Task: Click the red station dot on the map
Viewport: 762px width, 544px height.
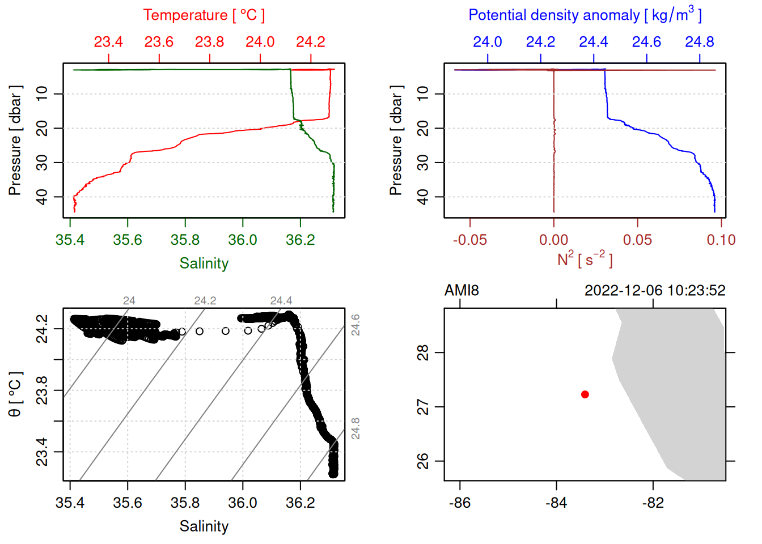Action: pos(585,394)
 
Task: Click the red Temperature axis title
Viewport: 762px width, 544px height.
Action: pos(204,15)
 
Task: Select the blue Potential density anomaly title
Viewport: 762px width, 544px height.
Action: pos(585,15)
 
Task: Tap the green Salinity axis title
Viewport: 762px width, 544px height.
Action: pos(204,263)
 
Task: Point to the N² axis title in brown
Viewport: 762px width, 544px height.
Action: pos(585,260)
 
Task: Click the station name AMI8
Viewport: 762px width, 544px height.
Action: pos(462,291)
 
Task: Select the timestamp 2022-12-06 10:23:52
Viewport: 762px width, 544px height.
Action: pos(655,291)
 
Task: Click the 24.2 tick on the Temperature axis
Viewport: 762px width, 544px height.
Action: pos(311,42)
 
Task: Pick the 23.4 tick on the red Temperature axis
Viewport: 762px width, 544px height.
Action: pos(108,42)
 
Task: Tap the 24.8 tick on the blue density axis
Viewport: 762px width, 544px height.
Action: pos(699,42)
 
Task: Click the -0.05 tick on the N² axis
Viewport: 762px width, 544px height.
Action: pos(469,240)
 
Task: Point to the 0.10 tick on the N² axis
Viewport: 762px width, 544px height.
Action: pos(721,240)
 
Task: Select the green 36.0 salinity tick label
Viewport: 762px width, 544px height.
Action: pos(243,240)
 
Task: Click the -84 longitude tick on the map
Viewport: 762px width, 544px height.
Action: pos(556,503)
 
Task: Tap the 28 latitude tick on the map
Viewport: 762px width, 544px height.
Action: pos(423,352)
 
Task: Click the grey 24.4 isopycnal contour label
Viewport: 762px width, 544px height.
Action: pos(281,300)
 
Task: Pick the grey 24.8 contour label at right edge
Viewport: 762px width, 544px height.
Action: pos(355,428)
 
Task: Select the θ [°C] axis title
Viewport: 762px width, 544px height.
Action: pos(15,394)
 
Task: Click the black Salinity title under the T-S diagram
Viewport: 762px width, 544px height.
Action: pos(204,526)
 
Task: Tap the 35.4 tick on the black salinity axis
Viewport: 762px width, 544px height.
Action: pos(70,503)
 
